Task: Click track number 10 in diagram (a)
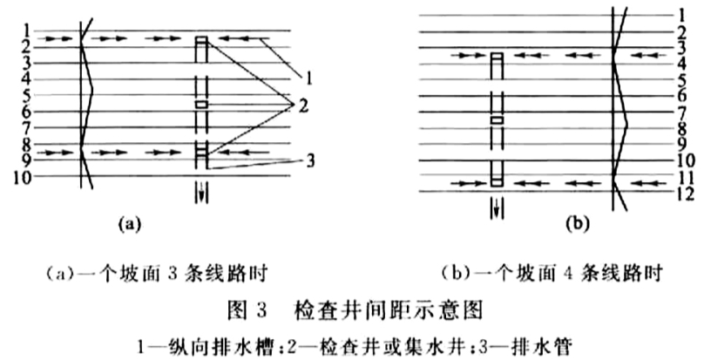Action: tap(23, 177)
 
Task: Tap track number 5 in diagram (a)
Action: tap(26, 96)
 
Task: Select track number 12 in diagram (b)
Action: tap(686, 194)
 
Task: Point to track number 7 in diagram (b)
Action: tap(681, 112)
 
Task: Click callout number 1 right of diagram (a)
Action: tap(308, 78)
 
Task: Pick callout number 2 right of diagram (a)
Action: tap(303, 106)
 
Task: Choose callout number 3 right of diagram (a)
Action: tap(310, 161)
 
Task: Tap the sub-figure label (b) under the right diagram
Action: tap(577, 223)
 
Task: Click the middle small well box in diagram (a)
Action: tap(201, 105)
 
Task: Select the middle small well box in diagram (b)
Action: tap(497, 120)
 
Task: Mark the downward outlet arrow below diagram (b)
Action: tap(497, 208)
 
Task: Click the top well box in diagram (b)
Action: tap(497, 56)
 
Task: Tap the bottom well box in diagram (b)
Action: tap(497, 182)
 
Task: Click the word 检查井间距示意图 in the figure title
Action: tap(389, 310)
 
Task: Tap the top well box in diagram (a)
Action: tap(201, 40)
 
